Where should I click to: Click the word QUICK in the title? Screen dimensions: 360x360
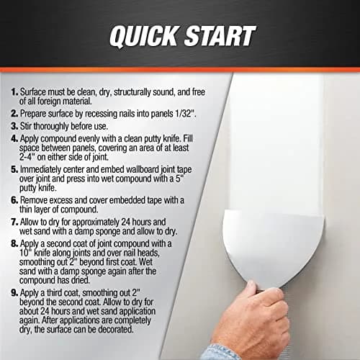pos(144,36)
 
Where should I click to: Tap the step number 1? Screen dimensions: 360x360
pos(14,92)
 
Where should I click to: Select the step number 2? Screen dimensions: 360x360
pos(14,114)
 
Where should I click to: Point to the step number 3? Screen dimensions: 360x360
pos(14,126)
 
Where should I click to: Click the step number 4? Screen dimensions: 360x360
pos(14,139)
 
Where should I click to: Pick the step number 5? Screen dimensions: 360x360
pos(14,169)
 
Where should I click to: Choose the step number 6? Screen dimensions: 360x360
pos(14,200)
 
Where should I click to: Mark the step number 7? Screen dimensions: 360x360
pos(14,222)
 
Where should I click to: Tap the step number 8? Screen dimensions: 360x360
pos(14,243)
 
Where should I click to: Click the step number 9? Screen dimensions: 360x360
pos(14,293)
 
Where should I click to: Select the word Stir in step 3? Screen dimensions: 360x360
pos(26,126)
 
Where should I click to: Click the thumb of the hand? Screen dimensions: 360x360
pos(253,290)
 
